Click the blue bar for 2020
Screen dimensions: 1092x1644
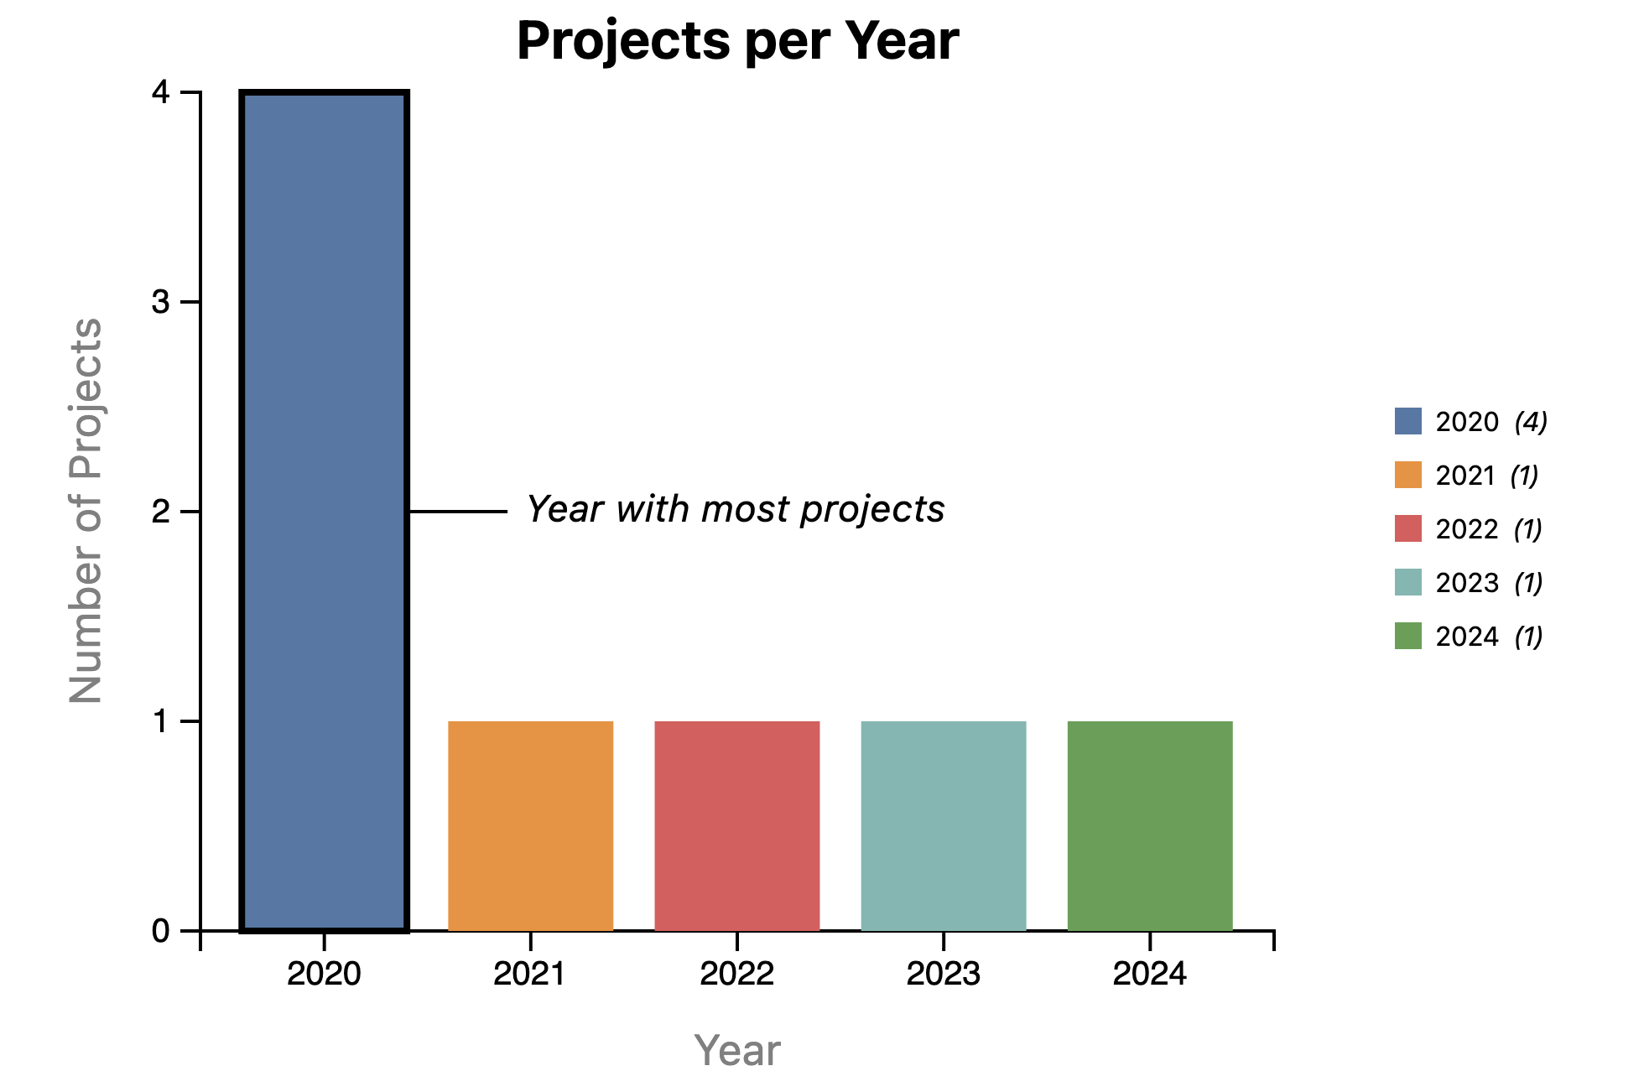click(x=324, y=512)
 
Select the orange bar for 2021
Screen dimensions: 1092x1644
click(x=530, y=826)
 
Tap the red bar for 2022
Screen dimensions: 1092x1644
click(x=736, y=826)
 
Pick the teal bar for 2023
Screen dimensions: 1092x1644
click(x=944, y=826)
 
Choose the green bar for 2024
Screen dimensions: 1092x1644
click(x=1150, y=826)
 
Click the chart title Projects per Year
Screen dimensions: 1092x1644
click(x=737, y=40)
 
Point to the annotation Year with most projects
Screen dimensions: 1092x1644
click(x=736, y=509)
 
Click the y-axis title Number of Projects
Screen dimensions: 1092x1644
click(x=86, y=511)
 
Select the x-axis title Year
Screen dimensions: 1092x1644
click(x=737, y=1050)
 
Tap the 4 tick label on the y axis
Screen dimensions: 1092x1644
click(x=161, y=92)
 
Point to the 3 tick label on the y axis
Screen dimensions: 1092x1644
click(x=161, y=302)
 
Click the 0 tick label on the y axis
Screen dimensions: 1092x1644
click(x=161, y=931)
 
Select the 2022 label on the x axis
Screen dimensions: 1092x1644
click(x=736, y=974)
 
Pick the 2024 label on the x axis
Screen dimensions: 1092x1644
click(x=1150, y=974)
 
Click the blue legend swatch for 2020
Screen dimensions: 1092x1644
click(x=1408, y=421)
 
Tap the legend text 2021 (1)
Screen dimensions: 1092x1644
click(x=1486, y=476)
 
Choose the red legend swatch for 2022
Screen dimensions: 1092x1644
click(x=1408, y=528)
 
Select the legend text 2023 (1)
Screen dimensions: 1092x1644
click(x=1489, y=583)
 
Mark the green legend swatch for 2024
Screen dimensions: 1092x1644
click(x=1408, y=636)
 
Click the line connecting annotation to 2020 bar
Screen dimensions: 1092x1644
click(x=458, y=512)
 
